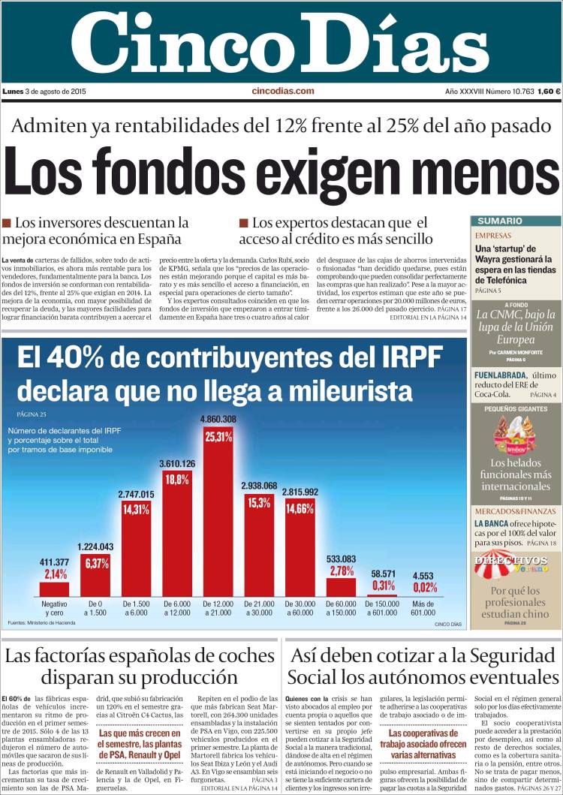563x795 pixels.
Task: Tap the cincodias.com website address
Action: (x=282, y=92)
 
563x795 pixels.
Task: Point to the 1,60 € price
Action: (x=549, y=92)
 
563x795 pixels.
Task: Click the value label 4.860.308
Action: (x=218, y=419)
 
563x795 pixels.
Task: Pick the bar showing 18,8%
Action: (x=177, y=533)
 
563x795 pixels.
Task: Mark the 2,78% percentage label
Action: (x=342, y=571)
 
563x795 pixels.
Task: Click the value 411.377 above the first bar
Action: (x=54, y=562)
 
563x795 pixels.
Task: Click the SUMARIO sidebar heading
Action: (x=500, y=221)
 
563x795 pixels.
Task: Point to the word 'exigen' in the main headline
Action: (x=316, y=169)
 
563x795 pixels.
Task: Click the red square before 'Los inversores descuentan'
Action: (x=7, y=223)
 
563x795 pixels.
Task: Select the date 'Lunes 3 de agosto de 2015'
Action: (x=44, y=92)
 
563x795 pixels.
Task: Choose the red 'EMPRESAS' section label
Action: (x=493, y=235)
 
